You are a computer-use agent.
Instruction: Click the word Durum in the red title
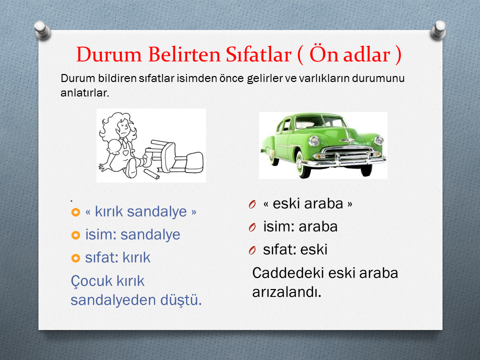point(109,54)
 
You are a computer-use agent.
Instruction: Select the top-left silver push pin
point(42,30)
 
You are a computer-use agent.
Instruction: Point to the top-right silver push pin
point(438,30)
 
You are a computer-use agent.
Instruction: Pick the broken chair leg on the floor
point(152,173)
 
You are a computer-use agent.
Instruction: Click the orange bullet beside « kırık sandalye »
point(75,212)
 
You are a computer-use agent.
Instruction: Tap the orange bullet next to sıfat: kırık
point(75,258)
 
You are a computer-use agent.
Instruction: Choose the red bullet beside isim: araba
point(252,227)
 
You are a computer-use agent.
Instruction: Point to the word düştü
point(181,299)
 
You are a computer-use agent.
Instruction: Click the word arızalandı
point(286,292)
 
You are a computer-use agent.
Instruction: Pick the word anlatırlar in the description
point(85,93)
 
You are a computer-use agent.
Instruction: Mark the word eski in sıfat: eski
point(314,249)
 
